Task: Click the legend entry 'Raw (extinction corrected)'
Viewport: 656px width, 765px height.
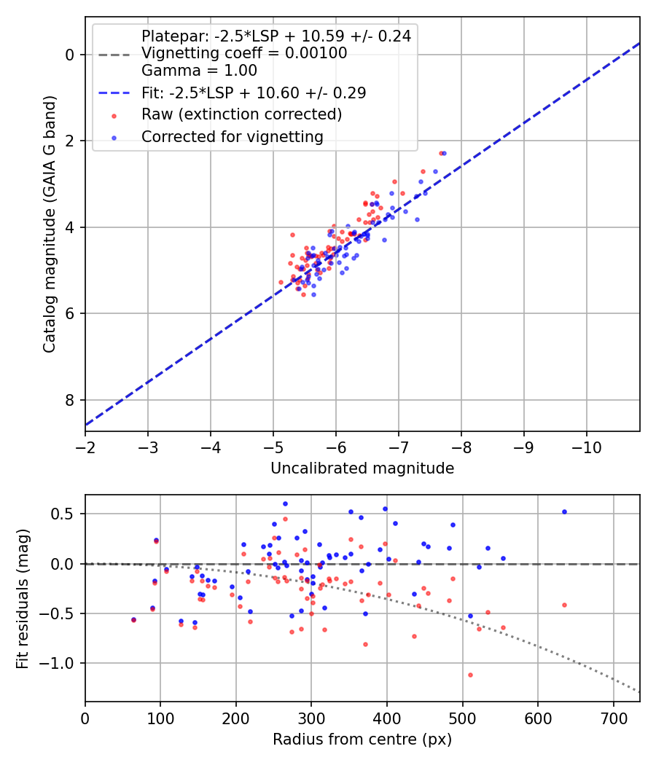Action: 241,114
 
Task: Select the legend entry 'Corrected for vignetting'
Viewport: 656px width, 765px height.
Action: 232,136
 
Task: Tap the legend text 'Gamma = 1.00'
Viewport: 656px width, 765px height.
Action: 199,71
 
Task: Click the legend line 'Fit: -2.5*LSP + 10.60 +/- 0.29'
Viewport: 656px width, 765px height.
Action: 253,93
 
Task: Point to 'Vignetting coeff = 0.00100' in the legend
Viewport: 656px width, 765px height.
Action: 244,53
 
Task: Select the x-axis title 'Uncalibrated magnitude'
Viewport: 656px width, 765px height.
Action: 362,468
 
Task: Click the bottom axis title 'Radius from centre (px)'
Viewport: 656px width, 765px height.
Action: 362,739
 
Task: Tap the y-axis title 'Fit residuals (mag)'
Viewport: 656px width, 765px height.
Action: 23,597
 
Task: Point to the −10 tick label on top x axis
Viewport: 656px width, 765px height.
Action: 587,447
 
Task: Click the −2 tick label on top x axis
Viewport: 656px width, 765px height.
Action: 85,447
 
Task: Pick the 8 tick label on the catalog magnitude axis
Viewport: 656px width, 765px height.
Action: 70,400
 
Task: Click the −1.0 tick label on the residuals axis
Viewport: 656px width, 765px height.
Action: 60,663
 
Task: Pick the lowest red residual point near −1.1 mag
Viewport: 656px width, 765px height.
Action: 470,675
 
